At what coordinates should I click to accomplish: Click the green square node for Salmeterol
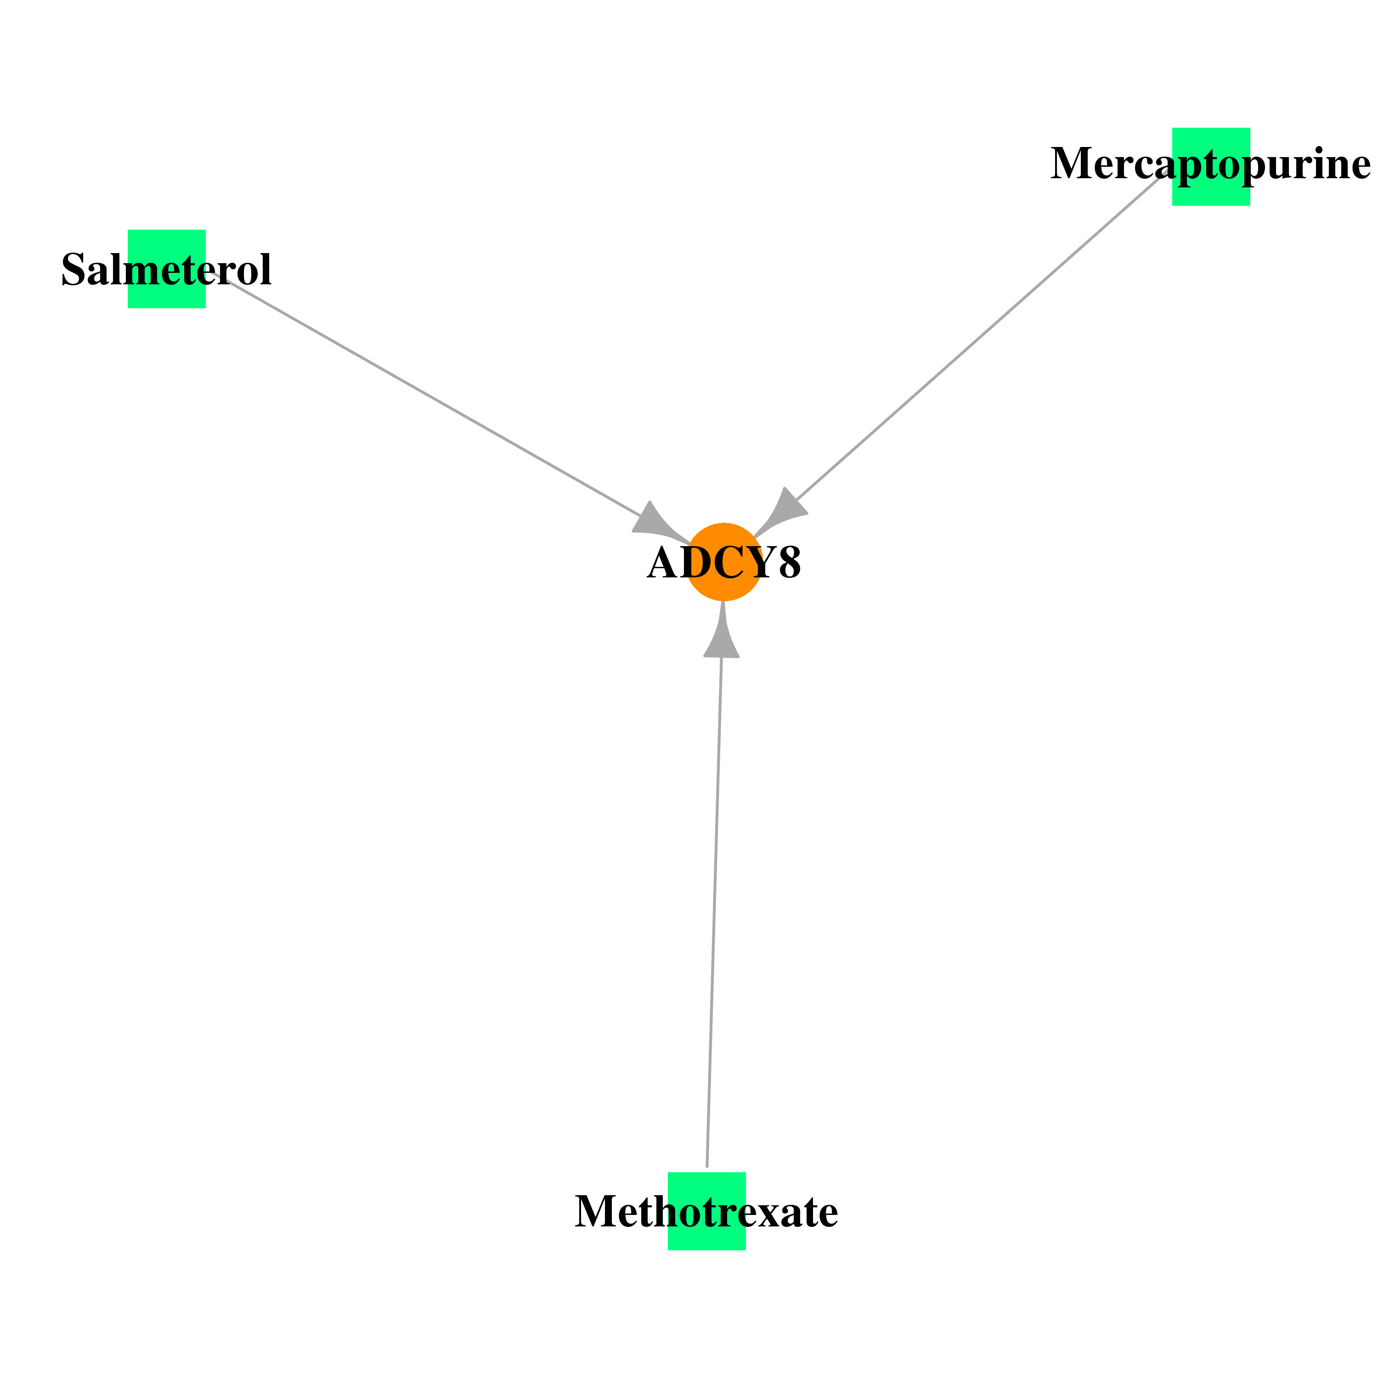click(x=167, y=269)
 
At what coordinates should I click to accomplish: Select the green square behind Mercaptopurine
click(x=1211, y=167)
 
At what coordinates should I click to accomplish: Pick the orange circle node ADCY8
click(x=724, y=562)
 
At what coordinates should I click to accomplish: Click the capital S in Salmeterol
click(x=73, y=270)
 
